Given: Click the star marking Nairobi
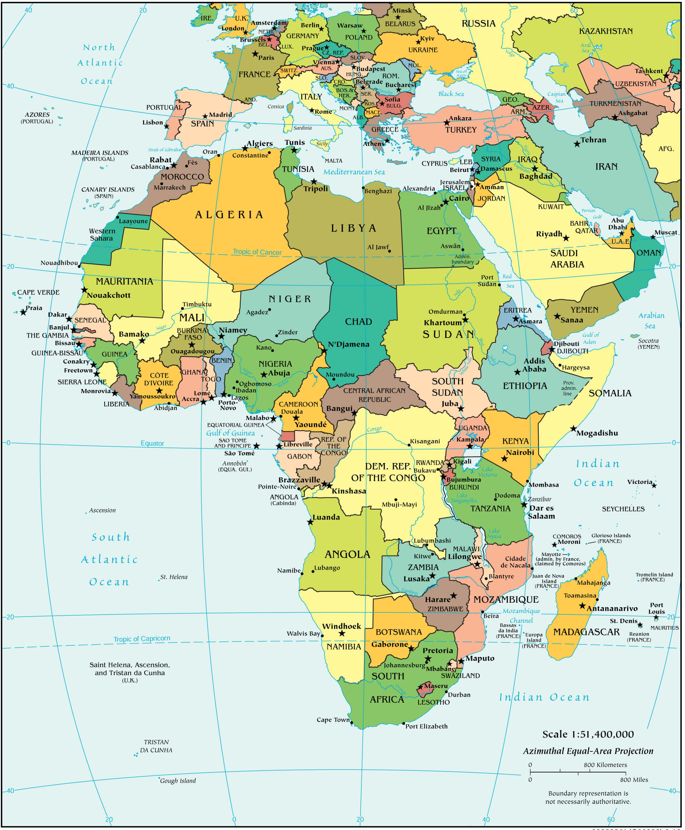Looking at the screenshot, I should coord(504,458).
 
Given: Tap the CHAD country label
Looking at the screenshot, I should coord(358,322).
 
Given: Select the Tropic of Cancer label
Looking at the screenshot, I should coord(257,252).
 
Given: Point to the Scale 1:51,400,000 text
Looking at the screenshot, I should coord(588,734).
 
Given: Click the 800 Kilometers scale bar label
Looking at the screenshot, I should coord(605,765).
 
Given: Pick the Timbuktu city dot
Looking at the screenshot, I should coord(183,308).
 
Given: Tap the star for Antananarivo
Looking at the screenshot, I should coord(582,606).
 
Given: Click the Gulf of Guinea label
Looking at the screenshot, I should coord(230,433).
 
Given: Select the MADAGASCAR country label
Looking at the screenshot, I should coord(586,632).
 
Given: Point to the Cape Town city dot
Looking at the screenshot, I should coord(351,723).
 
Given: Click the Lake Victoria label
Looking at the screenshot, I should coord(487,471).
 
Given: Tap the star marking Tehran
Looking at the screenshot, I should coord(577,144).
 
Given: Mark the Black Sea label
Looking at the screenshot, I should coord(451,94).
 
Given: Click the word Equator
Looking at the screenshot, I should coord(152,443).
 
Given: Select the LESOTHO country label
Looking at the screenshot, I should coord(433,702).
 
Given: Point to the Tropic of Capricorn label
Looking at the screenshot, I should coord(142,638).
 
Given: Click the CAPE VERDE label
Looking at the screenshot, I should coord(38,292).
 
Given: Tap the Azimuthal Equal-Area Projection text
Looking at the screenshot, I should coord(588,751).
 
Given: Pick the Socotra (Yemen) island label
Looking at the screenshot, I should coord(648,343).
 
